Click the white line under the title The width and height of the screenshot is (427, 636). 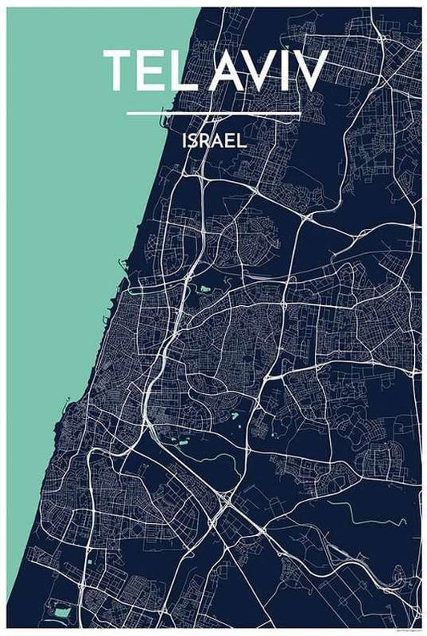pos(213,113)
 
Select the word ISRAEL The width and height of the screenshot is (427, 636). pos(213,141)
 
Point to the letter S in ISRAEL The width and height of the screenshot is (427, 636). pos(194,141)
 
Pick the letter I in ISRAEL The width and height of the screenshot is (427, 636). pos(185,141)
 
